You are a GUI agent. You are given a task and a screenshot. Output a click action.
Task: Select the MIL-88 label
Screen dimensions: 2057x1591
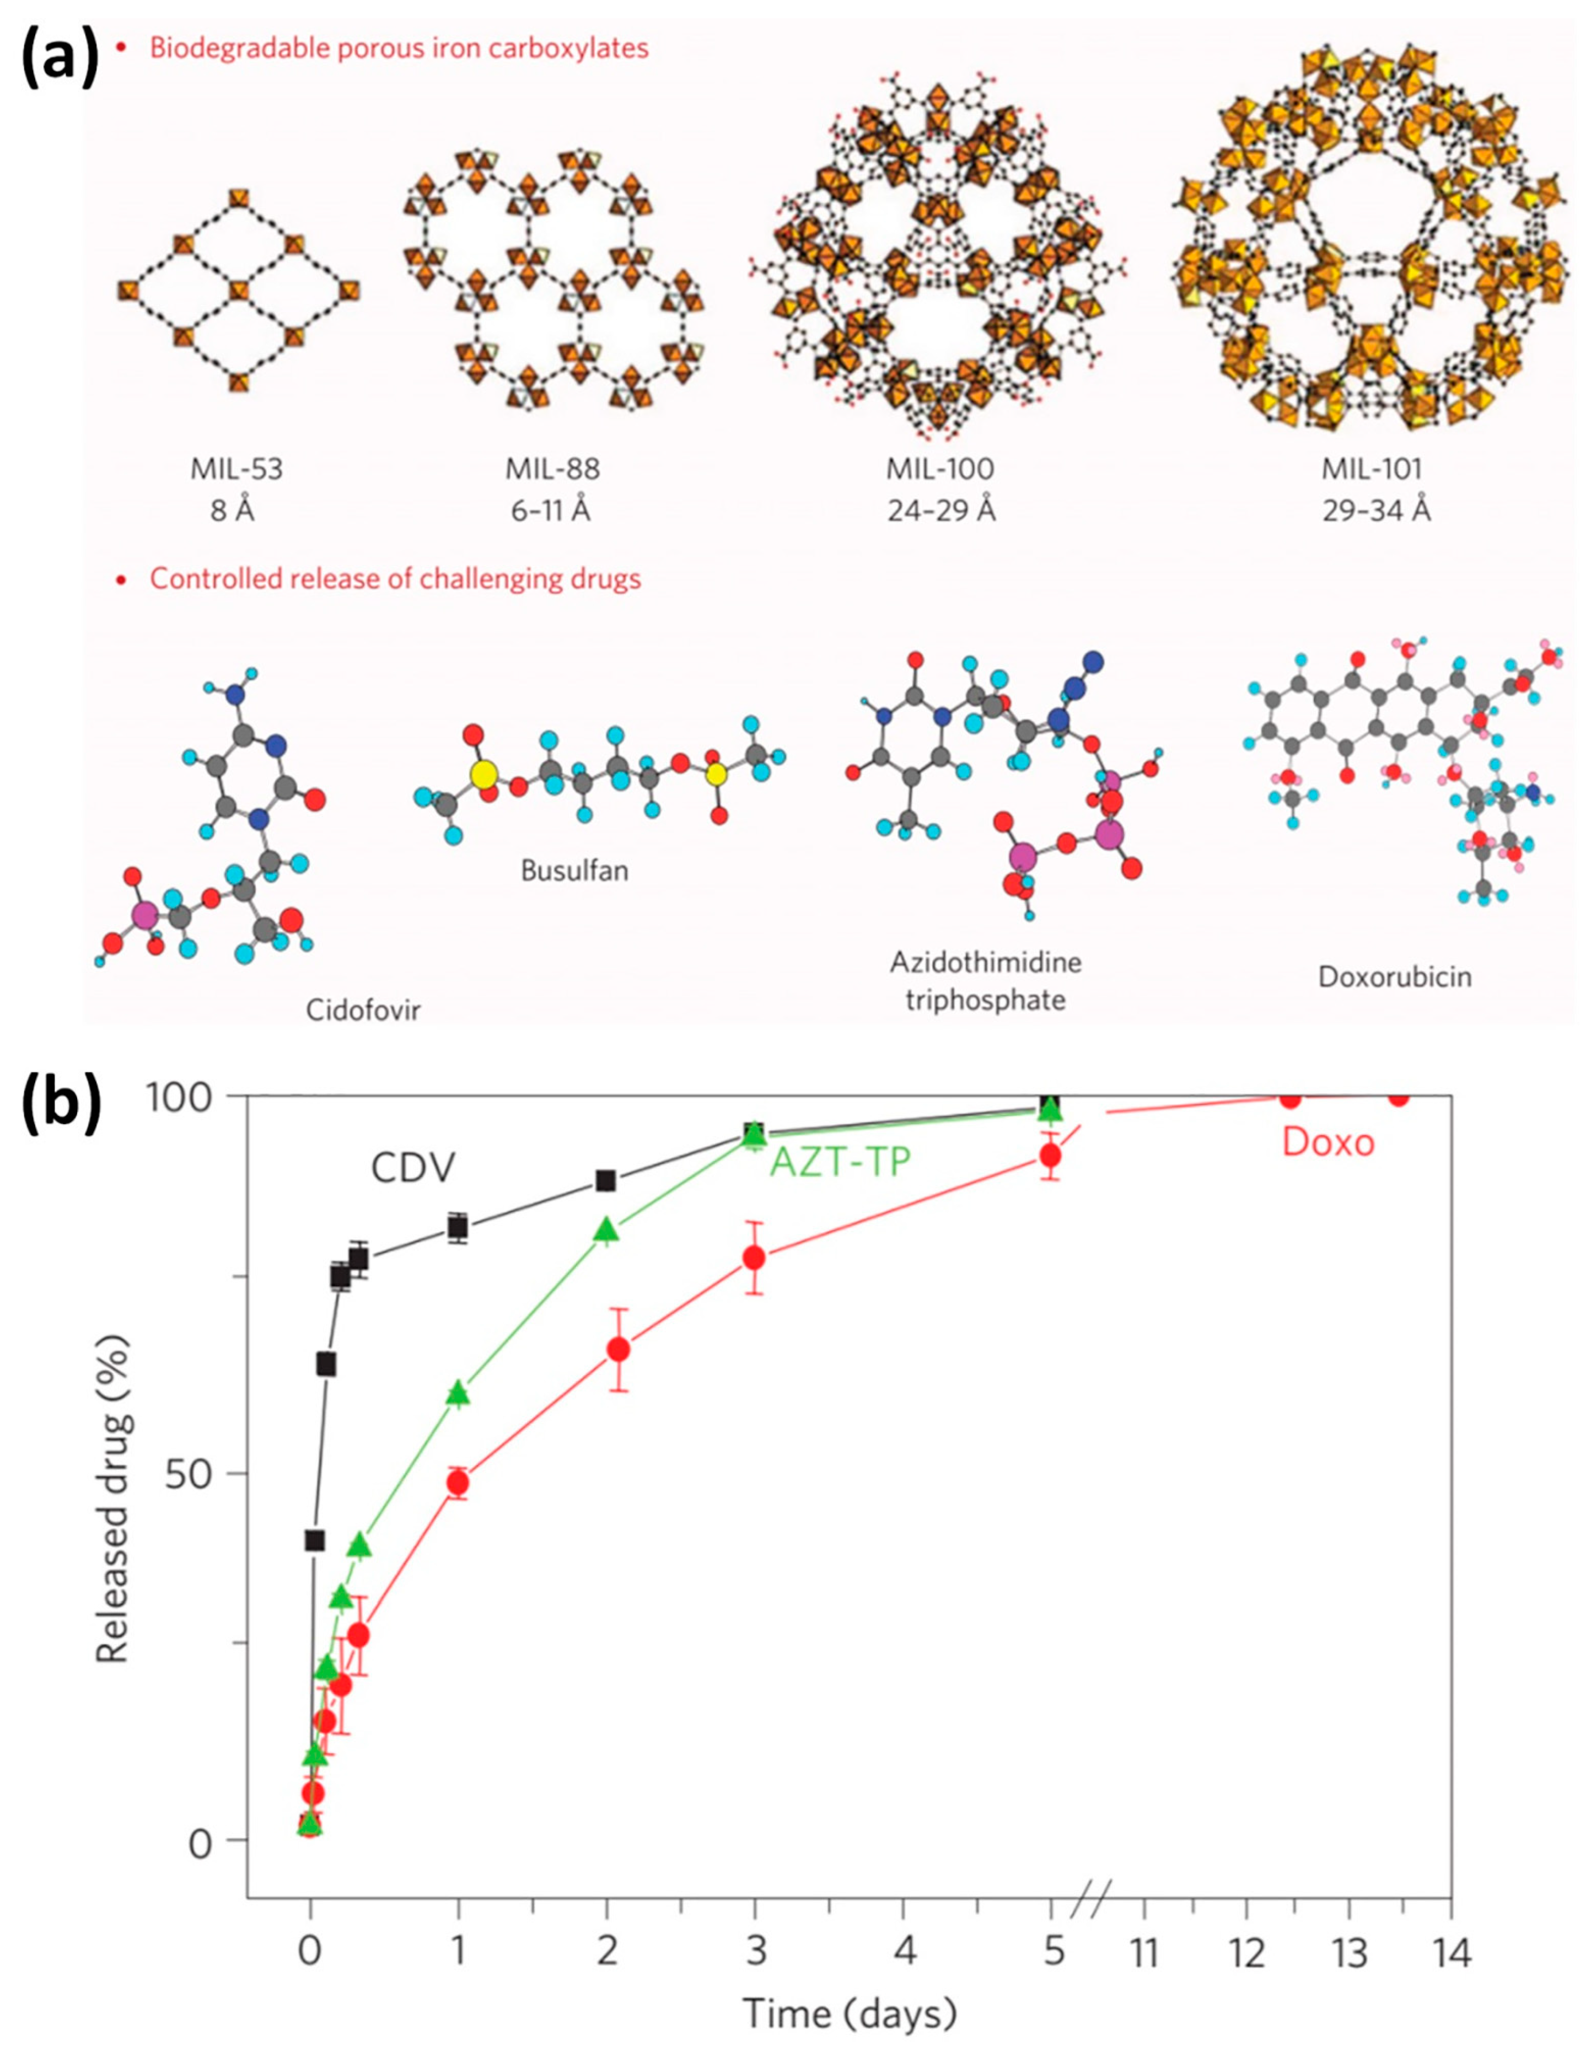tap(552, 468)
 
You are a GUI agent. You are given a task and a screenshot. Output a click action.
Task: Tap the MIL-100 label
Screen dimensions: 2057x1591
tap(940, 468)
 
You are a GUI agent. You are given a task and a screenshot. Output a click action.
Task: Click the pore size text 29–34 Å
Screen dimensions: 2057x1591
tap(1375, 512)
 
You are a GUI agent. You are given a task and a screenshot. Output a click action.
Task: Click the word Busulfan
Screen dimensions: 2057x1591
tap(574, 870)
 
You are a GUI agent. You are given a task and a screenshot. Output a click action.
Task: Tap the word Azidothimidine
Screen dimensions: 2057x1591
tap(985, 963)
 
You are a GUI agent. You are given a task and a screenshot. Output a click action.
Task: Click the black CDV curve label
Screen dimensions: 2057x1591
tap(412, 1169)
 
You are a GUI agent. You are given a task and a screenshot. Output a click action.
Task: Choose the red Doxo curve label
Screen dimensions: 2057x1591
tap(1327, 1142)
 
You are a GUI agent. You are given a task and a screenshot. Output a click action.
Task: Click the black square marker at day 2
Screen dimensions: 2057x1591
tap(606, 1181)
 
